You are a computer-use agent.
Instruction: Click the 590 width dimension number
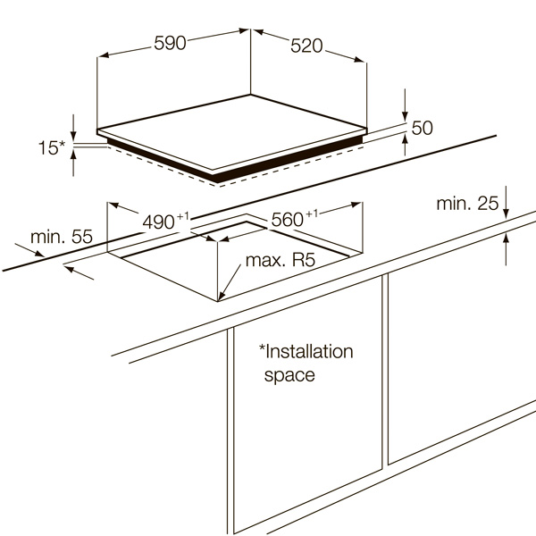[x=170, y=43]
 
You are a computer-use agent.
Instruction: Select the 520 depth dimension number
[x=306, y=46]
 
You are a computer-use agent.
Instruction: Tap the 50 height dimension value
[x=423, y=128]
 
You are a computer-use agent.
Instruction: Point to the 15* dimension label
[x=51, y=147]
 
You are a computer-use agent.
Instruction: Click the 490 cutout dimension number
[x=159, y=222]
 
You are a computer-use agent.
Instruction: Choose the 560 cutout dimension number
[x=287, y=220]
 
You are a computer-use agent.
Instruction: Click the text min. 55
[x=62, y=237]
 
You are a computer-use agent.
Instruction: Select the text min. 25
[x=467, y=204]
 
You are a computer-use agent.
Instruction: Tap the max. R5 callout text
[x=281, y=260]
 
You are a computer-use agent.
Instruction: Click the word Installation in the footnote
[x=306, y=351]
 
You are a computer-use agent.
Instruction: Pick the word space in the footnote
[x=289, y=375]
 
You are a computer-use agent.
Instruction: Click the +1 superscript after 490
[x=182, y=216]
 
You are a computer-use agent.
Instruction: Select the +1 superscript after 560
[x=312, y=214]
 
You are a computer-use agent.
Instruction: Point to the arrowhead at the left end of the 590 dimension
[x=104, y=55]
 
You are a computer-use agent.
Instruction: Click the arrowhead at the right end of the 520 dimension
[x=360, y=60]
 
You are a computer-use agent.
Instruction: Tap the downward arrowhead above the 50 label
[x=405, y=116]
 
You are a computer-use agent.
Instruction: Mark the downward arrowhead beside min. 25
[x=506, y=213]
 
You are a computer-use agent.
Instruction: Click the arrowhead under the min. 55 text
[x=39, y=254]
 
